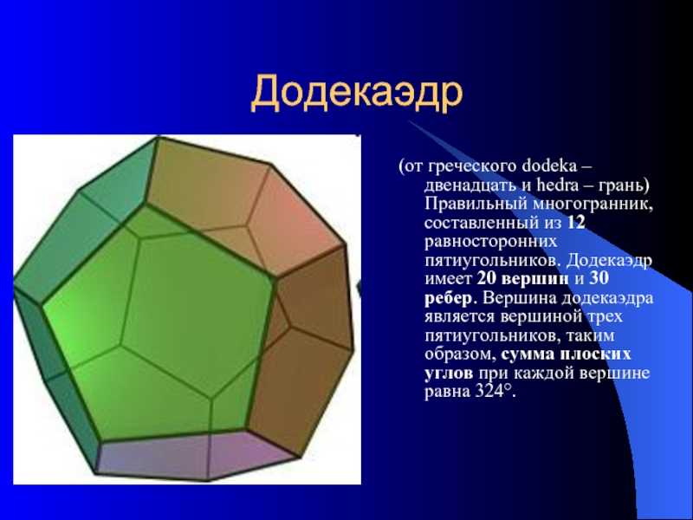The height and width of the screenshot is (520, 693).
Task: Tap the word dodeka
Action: [549, 166]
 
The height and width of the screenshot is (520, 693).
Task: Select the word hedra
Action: [557, 185]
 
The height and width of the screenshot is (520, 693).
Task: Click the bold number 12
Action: [575, 223]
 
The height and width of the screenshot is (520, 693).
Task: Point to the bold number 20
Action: [488, 278]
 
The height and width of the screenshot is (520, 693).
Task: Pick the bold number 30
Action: [599, 278]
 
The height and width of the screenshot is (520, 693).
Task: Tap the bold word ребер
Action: [448, 298]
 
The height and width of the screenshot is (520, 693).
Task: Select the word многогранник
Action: [593, 204]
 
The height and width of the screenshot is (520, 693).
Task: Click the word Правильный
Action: [476, 204]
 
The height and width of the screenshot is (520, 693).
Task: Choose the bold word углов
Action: [449, 374]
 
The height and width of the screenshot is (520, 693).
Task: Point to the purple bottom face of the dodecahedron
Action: [194, 456]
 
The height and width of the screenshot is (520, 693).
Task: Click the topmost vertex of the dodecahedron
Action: [158, 138]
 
